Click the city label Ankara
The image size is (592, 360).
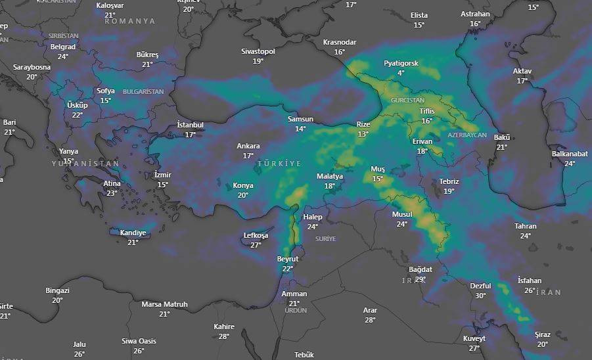coord(248,146)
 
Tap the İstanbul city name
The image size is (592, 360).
coord(190,125)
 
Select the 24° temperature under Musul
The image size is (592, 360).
coord(401,224)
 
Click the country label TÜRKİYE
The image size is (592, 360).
coord(279,163)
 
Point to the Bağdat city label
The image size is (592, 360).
coord(421,269)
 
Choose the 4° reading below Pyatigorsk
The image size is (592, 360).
coord(401,73)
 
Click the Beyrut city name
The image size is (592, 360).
coord(288,259)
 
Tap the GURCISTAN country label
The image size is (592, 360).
coord(407,101)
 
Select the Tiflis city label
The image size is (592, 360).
coord(427,111)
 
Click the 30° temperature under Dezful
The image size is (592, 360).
coord(480,296)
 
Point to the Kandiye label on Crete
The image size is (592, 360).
coord(133,233)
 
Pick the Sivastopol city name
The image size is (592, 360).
coord(258,51)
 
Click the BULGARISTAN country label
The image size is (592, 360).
coord(143,92)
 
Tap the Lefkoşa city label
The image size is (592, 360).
coord(256,235)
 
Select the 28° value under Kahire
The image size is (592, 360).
coord(224,336)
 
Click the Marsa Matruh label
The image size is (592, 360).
coord(164,304)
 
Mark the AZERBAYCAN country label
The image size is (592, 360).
coord(467,135)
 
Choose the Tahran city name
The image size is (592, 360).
coord(526,226)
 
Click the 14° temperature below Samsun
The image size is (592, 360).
coord(300,129)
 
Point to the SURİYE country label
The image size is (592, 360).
coord(325,238)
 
